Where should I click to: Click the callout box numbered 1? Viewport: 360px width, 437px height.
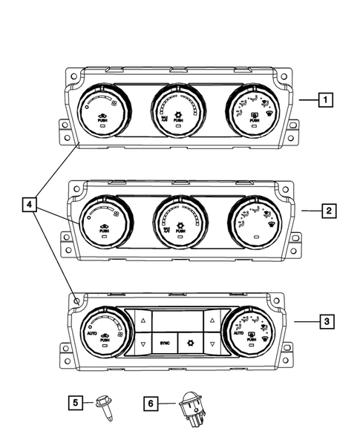(x=324, y=98)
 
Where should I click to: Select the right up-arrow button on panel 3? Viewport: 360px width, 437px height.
(x=211, y=321)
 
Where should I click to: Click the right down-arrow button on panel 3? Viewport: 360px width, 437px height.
(x=211, y=345)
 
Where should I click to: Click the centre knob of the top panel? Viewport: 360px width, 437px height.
(x=179, y=111)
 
